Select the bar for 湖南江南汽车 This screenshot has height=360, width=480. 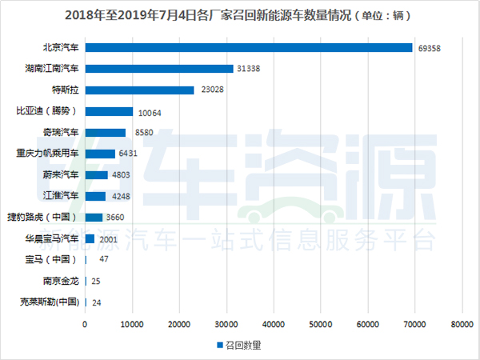158,69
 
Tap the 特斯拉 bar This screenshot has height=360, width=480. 139,90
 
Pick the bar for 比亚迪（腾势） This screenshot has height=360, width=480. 108,111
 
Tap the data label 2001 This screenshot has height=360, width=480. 109,238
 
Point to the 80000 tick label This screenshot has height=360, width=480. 462,324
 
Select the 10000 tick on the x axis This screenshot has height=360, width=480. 132,324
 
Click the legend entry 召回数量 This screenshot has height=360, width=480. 240,346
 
